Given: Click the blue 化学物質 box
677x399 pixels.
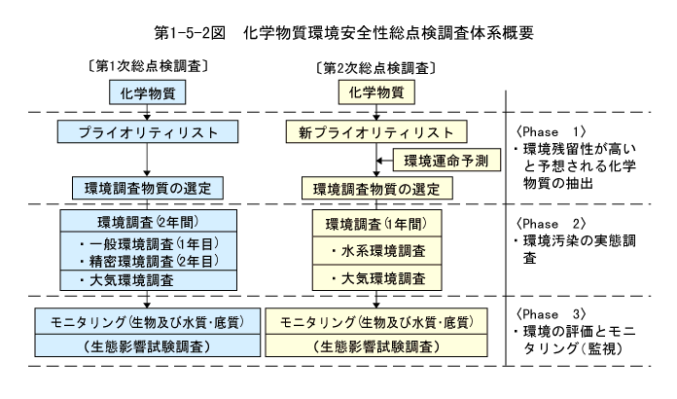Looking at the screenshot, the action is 147,92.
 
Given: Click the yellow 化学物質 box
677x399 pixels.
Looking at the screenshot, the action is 376,92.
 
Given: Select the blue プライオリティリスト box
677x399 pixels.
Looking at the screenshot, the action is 148,131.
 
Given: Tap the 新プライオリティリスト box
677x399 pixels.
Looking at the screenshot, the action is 376,131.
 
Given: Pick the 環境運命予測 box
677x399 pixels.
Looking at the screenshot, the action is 446,161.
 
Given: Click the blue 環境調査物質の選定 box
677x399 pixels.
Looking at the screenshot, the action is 148,188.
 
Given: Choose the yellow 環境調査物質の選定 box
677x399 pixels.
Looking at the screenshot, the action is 377,189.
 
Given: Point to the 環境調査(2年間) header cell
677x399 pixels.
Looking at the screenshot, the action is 148,222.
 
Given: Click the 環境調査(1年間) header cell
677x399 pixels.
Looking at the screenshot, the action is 377,224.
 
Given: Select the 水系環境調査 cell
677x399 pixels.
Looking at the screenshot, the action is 377,251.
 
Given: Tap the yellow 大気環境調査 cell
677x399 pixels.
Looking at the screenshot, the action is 377,277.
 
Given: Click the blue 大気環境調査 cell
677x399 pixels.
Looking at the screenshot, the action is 148,280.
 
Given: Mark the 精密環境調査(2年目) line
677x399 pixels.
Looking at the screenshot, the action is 150,261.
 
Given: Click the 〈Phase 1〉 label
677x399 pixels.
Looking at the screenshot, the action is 551,131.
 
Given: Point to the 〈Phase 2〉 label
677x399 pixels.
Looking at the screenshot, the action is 551,224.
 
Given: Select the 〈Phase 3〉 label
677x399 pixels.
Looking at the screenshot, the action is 551,314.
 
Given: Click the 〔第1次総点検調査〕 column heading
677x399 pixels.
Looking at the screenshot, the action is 148,66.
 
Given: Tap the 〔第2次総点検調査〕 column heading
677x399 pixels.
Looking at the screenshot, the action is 376,68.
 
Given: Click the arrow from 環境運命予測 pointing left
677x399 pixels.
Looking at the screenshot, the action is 384,161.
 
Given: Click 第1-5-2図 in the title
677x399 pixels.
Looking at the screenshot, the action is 190,33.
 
